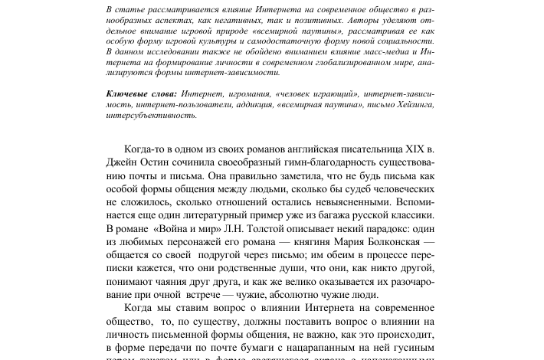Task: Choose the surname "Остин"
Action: [x=160, y=162]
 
